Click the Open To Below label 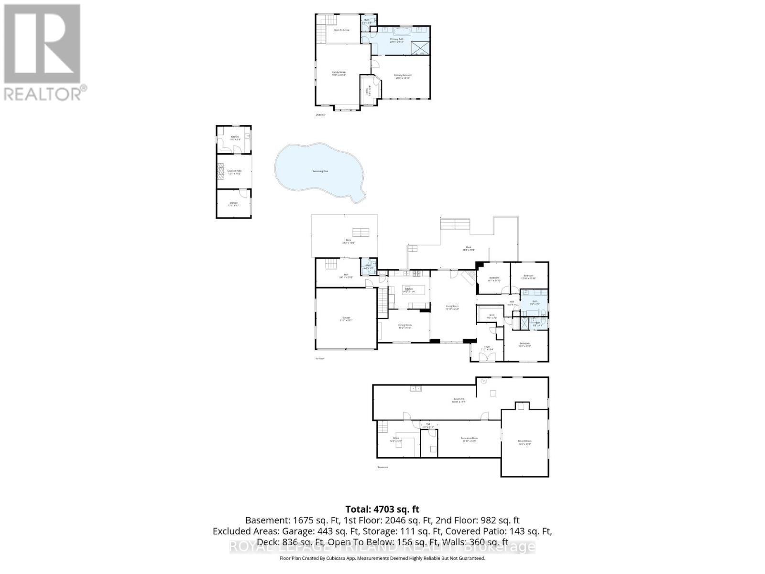tap(341, 30)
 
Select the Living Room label tap(452, 308)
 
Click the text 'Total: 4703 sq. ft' tap(382, 509)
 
